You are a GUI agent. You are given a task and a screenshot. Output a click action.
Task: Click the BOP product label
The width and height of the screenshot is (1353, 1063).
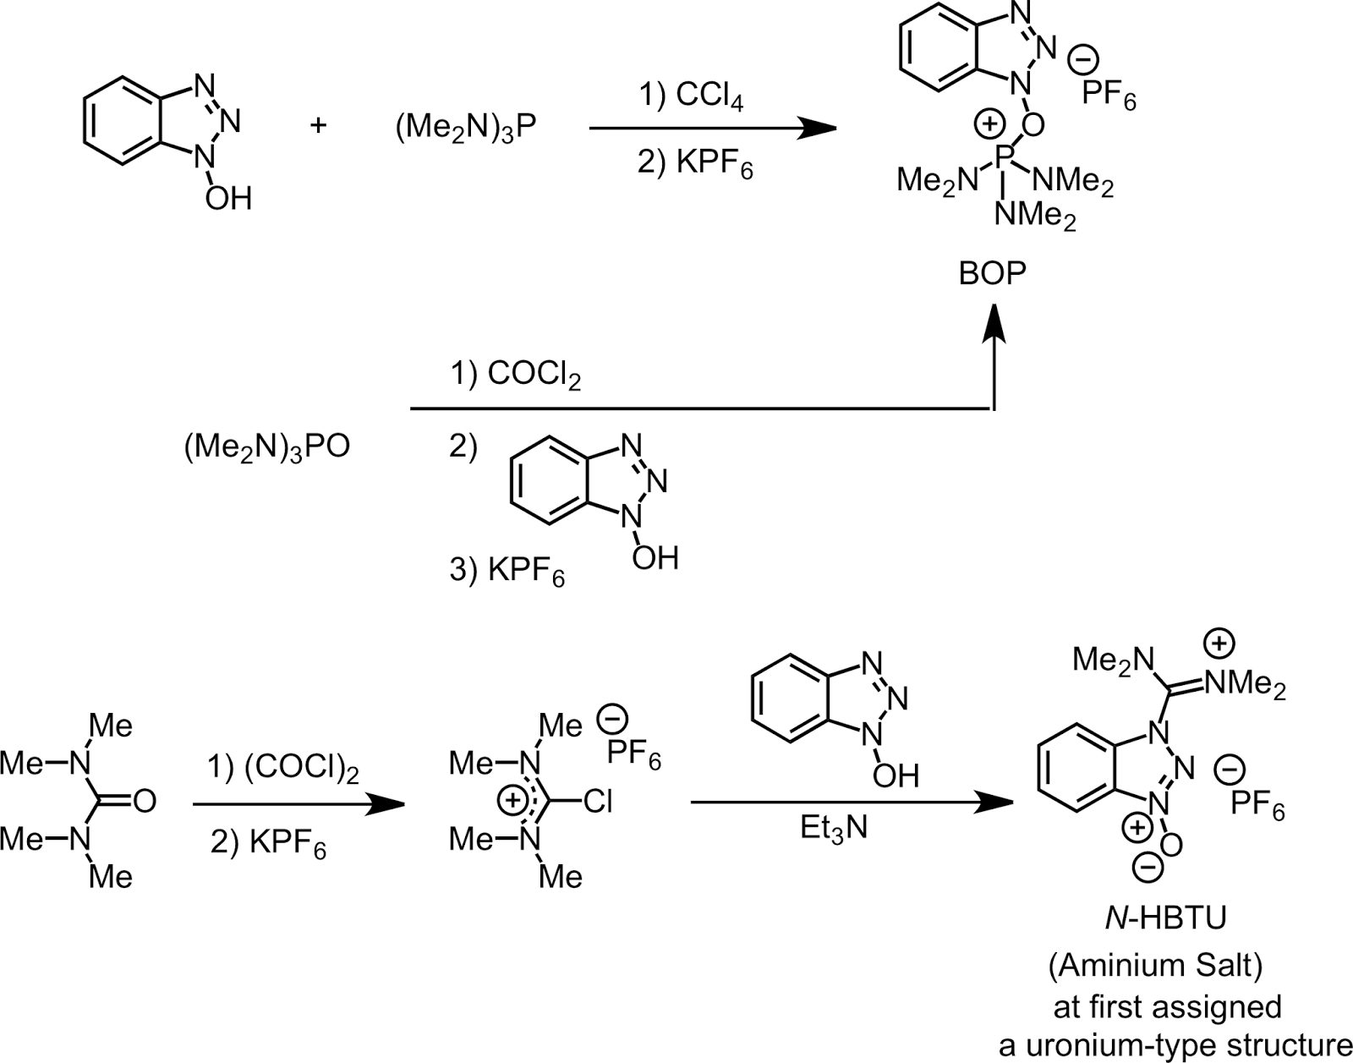(x=993, y=273)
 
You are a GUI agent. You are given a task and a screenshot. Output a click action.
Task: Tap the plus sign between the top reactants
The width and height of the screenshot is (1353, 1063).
(x=318, y=126)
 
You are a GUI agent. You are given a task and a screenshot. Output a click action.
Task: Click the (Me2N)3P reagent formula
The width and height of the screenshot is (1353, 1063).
(x=466, y=129)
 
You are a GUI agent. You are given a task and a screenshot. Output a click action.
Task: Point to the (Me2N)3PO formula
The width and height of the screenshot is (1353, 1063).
(x=267, y=448)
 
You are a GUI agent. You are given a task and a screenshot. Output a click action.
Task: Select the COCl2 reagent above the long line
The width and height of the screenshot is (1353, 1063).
(x=534, y=375)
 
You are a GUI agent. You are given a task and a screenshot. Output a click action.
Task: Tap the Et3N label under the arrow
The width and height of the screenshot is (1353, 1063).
(x=834, y=829)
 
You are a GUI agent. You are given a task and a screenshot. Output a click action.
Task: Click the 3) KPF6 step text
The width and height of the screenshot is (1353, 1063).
(x=507, y=572)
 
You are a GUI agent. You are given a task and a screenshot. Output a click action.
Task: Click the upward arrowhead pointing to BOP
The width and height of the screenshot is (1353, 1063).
(x=994, y=324)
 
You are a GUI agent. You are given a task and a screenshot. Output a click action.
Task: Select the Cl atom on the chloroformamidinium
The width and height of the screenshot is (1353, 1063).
(x=598, y=802)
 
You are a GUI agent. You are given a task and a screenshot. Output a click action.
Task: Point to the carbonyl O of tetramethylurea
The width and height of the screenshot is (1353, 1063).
(x=145, y=802)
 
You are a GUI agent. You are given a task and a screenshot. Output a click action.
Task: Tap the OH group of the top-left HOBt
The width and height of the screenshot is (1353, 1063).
(x=228, y=199)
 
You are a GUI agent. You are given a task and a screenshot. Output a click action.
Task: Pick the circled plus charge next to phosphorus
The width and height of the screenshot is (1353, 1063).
(x=989, y=123)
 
